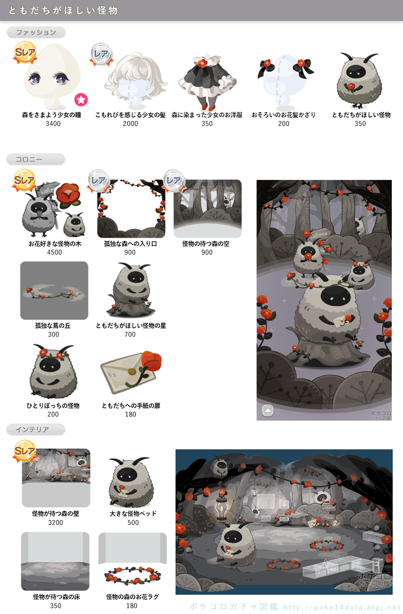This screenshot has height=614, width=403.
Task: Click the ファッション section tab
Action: pos(36,32)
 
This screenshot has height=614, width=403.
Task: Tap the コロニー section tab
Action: pos(36,159)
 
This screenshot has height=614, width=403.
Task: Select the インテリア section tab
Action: pos(36,429)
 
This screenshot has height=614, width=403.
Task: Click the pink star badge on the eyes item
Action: pos(81,99)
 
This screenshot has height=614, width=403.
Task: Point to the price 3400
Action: pos(53,124)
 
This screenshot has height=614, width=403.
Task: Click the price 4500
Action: pos(54,252)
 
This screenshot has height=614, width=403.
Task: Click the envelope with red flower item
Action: pos(131,372)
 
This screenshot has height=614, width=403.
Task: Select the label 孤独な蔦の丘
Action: pos(53,326)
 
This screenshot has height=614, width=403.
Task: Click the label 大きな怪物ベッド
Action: pos(133,514)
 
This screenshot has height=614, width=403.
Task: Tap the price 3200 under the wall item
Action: pos(56,522)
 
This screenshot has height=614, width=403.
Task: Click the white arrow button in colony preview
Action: pos(268,410)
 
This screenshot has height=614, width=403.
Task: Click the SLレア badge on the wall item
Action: pos(25,451)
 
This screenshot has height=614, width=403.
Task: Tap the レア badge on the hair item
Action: pos(101,54)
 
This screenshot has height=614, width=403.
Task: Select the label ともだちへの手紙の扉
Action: pos(131,405)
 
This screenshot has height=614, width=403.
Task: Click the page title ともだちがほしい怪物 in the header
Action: pos(63,10)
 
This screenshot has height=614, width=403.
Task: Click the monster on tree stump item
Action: pos(131,290)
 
